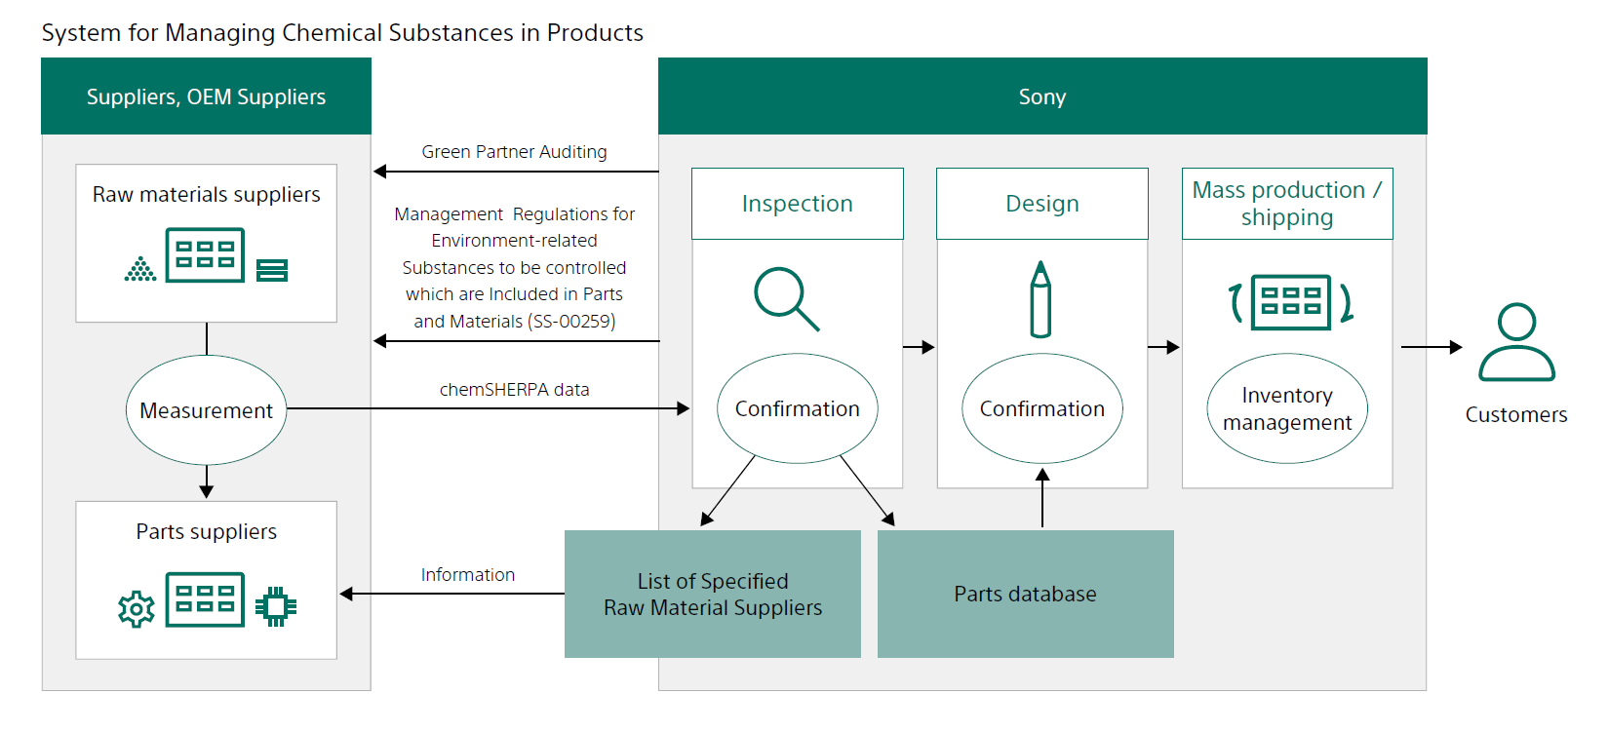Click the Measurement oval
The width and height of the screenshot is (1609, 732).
pyautogui.click(x=206, y=409)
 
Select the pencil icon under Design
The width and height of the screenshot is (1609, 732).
pyautogui.click(x=1040, y=298)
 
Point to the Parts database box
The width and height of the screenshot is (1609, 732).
pyautogui.click(x=1025, y=594)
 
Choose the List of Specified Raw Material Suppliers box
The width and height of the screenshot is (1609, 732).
pyautogui.click(x=713, y=594)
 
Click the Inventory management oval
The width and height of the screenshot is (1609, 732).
pyautogui.click(x=1287, y=408)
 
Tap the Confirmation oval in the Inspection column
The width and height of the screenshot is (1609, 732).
pyautogui.click(x=798, y=408)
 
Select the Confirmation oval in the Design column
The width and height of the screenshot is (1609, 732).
pyautogui.click(x=1042, y=408)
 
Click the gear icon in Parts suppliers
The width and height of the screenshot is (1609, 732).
pyautogui.click(x=137, y=609)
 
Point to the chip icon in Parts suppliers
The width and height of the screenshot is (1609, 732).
pyautogui.click(x=276, y=606)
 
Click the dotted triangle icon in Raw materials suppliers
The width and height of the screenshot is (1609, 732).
pyautogui.click(x=140, y=268)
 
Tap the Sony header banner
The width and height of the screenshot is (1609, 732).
pyautogui.click(x=1042, y=96)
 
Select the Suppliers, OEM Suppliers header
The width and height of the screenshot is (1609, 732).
pyautogui.click(x=206, y=96)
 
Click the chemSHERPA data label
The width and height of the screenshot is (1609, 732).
pyautogui.click(x=514, y=390)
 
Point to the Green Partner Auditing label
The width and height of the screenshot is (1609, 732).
pyautogui.click(x=514, y=152)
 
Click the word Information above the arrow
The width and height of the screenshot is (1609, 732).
pyautogui.click(x=468, y=575)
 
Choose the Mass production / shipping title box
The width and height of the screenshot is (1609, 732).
pyautogui.click(x=1287, y=204)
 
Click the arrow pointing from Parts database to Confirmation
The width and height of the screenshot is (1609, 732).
pyautogui.click(x=1042, y=498)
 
